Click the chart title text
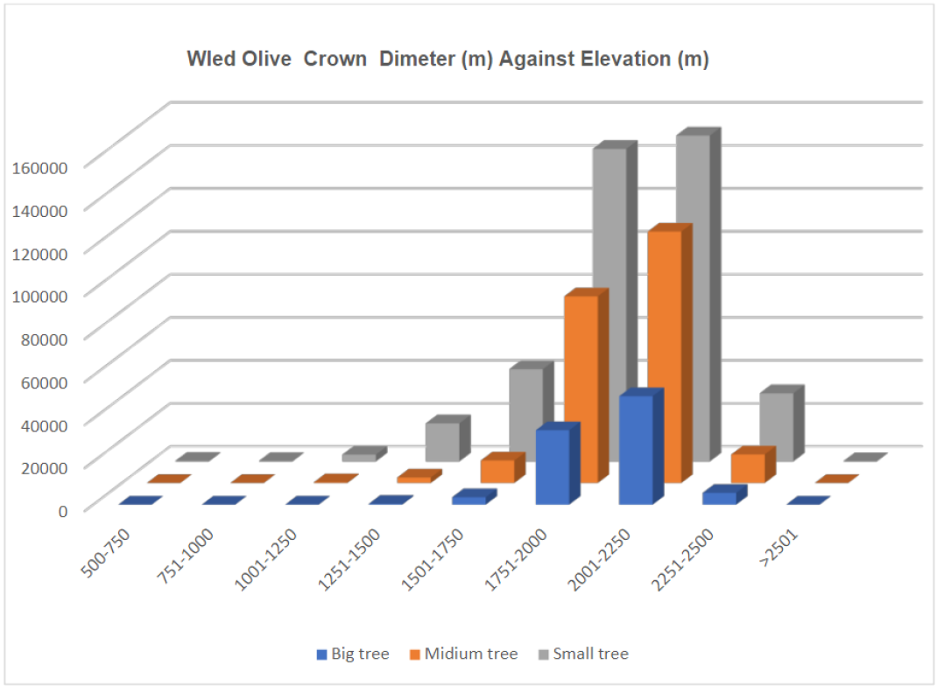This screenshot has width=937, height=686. click(x=447, y=59)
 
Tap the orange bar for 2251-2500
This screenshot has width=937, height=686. click(x=753, y=465)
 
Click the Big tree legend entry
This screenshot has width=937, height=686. click(x=353, y=654)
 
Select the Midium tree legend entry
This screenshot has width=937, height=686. click(x=464, y=654)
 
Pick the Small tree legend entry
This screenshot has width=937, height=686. click(x=584, y=654)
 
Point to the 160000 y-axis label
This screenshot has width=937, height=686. click(x=40, y=167)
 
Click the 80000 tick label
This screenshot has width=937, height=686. click(x=44, y=339)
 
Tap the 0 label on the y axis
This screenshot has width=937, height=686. click(x=63, y=511)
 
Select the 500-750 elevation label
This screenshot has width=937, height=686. click(x=106, y=553)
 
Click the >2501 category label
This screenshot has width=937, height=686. click(x=778, y=548)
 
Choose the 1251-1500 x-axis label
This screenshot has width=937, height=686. click(x=349, y=559)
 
